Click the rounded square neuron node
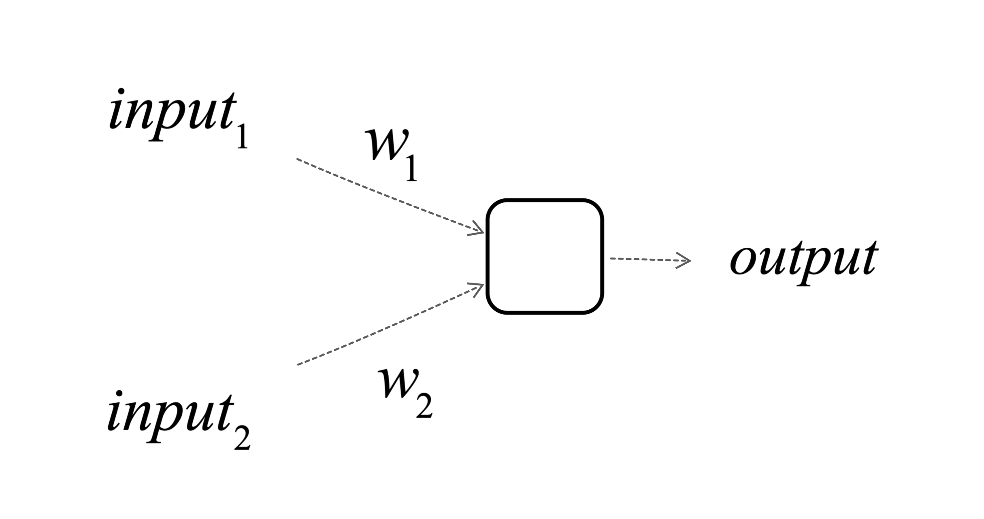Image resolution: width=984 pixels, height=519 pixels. pos(545,257)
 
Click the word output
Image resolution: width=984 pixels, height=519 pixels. pos(804,259)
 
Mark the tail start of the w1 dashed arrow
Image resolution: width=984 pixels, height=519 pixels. pos(298,159)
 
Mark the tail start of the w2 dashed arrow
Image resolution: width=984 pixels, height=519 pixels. pos(298,364)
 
